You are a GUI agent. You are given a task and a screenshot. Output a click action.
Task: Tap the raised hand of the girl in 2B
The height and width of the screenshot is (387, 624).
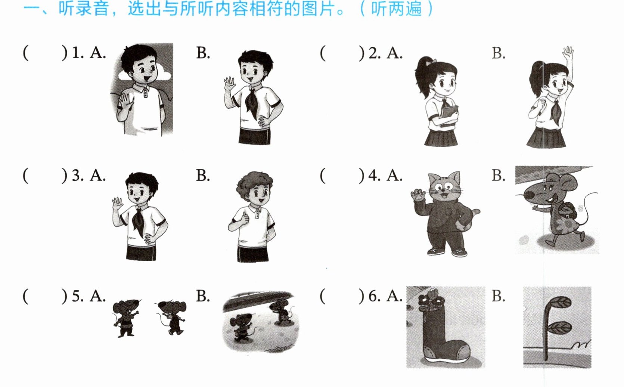coord(568,53)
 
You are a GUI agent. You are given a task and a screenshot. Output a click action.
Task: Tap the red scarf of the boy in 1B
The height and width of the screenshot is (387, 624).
coord(253,102)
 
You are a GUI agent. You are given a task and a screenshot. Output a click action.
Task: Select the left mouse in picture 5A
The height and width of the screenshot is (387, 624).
coord(125,318)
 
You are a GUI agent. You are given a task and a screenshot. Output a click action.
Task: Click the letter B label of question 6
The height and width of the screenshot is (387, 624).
coord(498,296)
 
